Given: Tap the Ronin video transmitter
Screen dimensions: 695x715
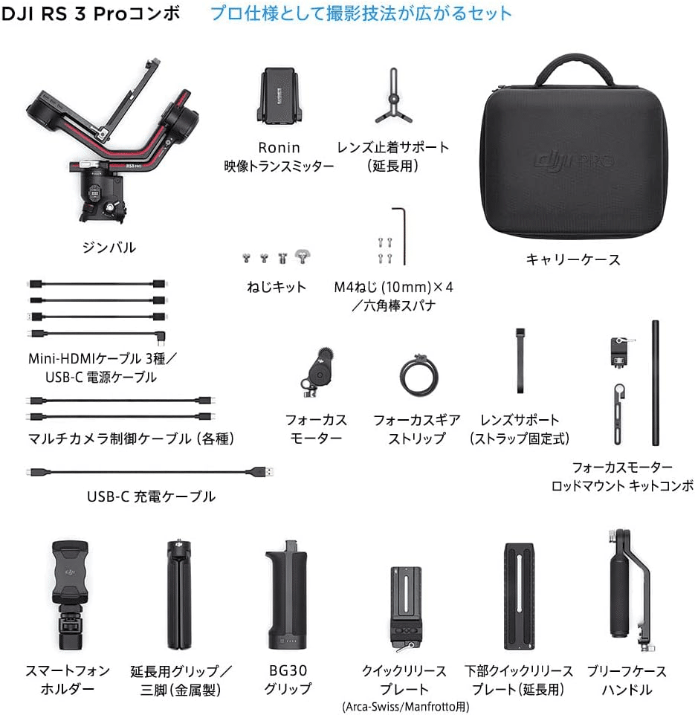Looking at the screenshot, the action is click(x=279, y=96).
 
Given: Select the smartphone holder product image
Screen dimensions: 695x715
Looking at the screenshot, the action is click(x=69, y=595).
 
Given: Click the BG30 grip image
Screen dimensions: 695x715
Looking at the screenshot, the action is click(x=288, y=595).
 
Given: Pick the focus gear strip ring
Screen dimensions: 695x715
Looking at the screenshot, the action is click(x=419, y=377).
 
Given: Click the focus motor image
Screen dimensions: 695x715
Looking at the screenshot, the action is click(x=317, y=371).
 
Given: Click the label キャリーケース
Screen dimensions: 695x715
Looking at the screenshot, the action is click(x=573, y=260).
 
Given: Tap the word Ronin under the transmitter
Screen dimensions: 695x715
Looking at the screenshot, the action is click(x=279, y=148).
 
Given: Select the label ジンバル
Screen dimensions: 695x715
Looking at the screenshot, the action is click(x=109, y=247).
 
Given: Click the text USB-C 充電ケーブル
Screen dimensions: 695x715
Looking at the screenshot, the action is click(x=151, y=496).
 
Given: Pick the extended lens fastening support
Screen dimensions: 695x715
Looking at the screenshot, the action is click(x=393, y=97).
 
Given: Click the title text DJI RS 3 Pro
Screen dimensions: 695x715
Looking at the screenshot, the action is click(x=64, y=13).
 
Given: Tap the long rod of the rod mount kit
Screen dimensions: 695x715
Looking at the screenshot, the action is click(x=656, y=383).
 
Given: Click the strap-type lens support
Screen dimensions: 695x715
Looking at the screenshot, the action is click(x=520, y=360).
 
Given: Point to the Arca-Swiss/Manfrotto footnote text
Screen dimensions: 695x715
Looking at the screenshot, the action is click(x=406, y=707).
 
